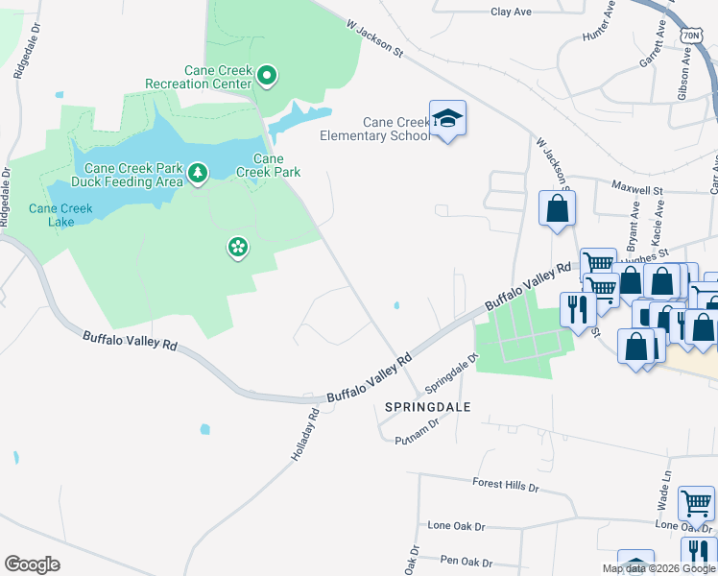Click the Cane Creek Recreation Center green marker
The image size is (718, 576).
tap(268, 74)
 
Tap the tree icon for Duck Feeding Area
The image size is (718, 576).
tap(198, 173)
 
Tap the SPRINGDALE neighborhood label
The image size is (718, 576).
tap(427, 407)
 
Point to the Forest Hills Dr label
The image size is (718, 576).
tap(506, 485)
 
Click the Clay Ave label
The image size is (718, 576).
tap(511, 12)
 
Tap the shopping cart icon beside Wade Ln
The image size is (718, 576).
tap(696, 501)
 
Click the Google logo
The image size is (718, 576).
tap(33, 564)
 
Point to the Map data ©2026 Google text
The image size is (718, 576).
tap(658, 568)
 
